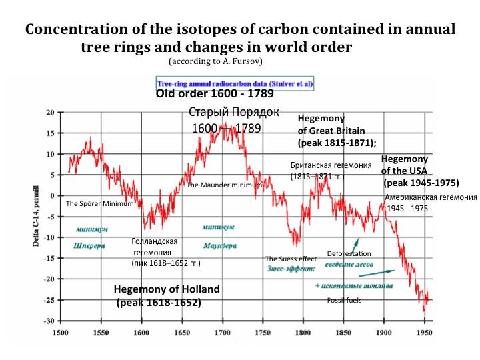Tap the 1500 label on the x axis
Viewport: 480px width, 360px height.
[x=61, y=331]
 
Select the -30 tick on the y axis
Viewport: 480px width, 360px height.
[x=50, y=321]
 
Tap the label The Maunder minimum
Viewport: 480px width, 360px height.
[x=223, y=185]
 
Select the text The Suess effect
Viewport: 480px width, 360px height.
[x=291, y=259]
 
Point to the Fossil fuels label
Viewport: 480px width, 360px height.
[x=344, y=300]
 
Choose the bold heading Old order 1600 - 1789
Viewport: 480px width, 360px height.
[x=214, y=94]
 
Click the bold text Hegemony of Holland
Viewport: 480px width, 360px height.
[x=166, y=289]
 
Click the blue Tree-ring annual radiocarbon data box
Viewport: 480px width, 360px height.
[x=235, y=85]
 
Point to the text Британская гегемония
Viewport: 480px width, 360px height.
[x=331, y=165]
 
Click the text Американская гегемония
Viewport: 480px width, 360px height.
[x=431, y=197]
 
